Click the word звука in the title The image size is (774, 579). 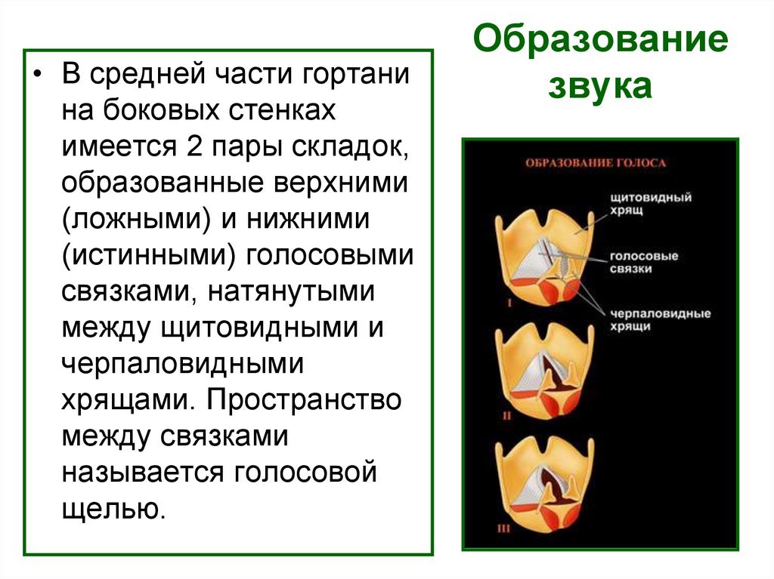click(600, 87)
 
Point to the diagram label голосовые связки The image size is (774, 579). click(645, 262)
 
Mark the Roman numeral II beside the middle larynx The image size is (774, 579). click(508, 415)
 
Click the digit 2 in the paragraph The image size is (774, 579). click(188, 148)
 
